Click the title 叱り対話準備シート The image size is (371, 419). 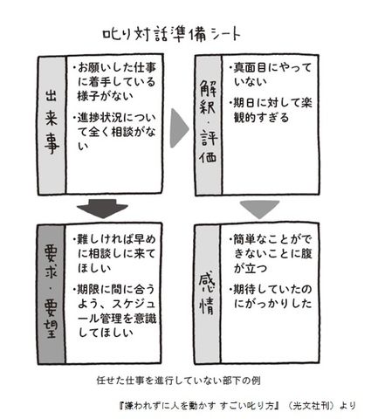171,35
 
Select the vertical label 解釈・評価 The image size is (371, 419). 208,121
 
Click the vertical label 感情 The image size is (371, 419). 207,295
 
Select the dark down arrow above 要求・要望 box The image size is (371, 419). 102,209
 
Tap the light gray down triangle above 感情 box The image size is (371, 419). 259,209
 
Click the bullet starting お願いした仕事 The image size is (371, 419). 114,82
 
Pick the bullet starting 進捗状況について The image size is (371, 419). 114,132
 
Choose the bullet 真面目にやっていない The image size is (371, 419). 271,74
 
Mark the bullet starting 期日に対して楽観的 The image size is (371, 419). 271,110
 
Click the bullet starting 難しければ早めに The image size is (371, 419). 114,253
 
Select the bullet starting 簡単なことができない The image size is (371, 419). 271,253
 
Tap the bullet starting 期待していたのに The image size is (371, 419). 271,297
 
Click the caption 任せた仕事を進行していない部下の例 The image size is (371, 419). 178,381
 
